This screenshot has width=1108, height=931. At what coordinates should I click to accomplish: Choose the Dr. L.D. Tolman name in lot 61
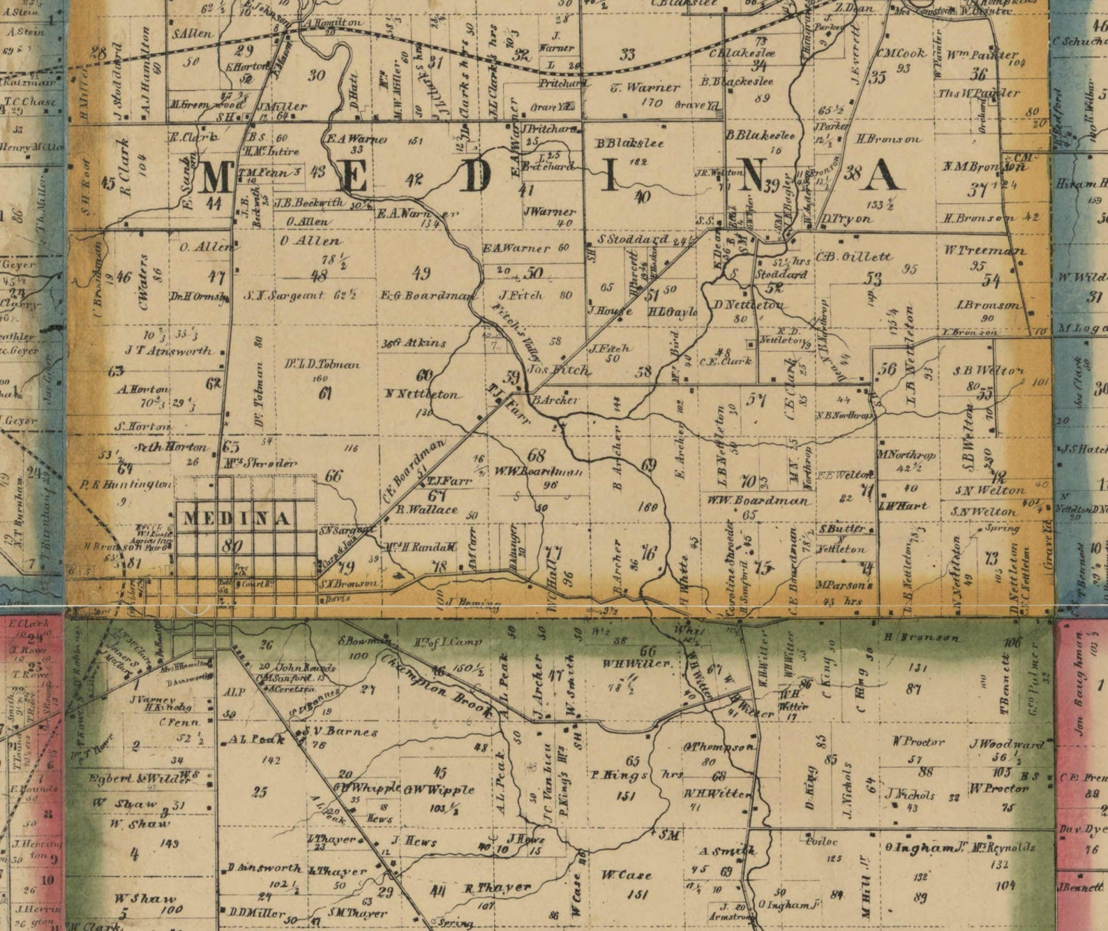[x=322, y=364]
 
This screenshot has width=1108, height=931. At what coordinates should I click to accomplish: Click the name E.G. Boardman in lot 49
[x=426, y=295]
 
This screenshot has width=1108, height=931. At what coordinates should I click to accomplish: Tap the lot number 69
[x=648, y=465]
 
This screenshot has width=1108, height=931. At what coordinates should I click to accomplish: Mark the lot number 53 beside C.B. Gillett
[x=873, y=279]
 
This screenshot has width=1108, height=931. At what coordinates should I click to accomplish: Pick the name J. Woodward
[x=1005, y=745]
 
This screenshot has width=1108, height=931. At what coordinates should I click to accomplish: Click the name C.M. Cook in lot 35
[x=901, y=54]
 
